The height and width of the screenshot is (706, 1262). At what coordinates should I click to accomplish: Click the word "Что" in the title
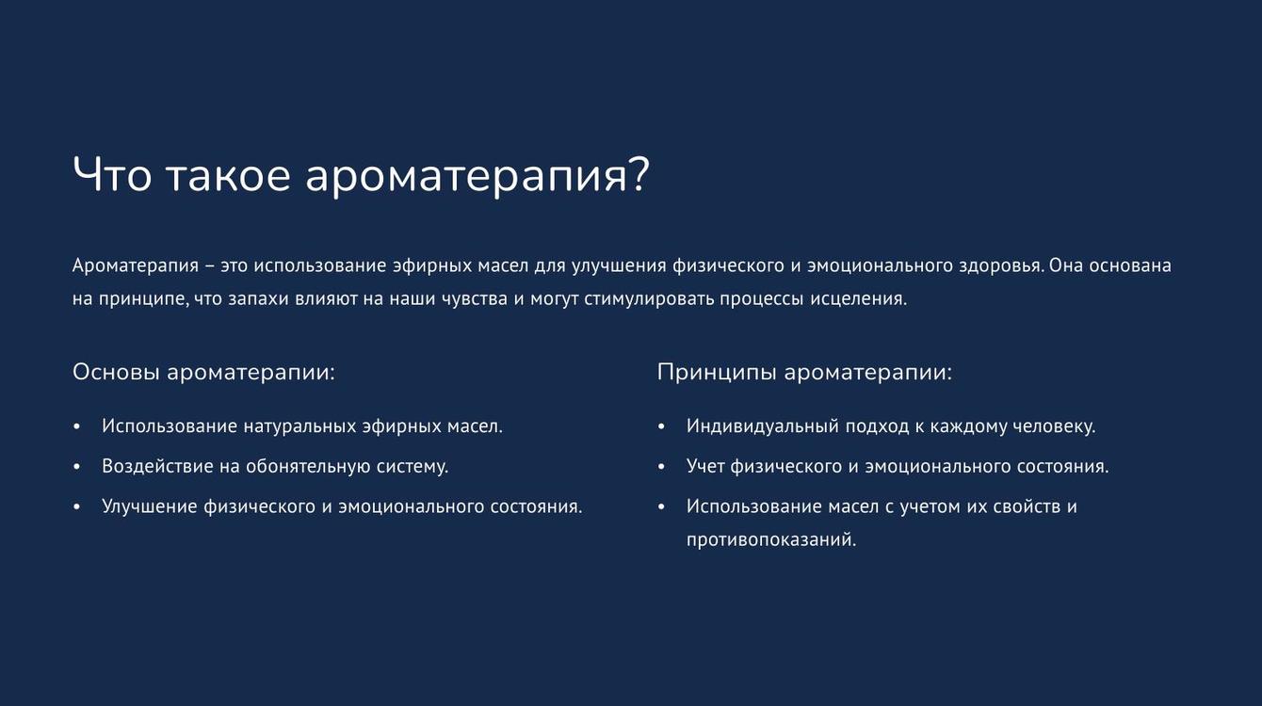coord(112,174)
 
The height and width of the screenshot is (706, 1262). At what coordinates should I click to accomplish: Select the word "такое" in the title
coord(229,176)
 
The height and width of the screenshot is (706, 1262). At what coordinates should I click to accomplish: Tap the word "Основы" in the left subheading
coord(116,373)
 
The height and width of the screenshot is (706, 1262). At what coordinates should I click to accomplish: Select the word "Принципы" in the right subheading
coord(718,373)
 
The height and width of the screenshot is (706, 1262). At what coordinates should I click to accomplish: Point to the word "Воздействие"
coord(157,467)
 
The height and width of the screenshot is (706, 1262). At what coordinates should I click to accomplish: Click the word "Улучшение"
coord(150,507)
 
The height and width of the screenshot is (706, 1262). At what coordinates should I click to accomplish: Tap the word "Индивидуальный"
coord(763,426)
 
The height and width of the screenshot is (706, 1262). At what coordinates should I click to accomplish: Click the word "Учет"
coord(705,467)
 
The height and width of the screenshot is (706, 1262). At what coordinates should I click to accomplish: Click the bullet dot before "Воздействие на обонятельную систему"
coord(76,467)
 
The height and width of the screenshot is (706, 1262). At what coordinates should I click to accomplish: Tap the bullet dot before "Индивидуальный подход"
coord(661,427)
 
